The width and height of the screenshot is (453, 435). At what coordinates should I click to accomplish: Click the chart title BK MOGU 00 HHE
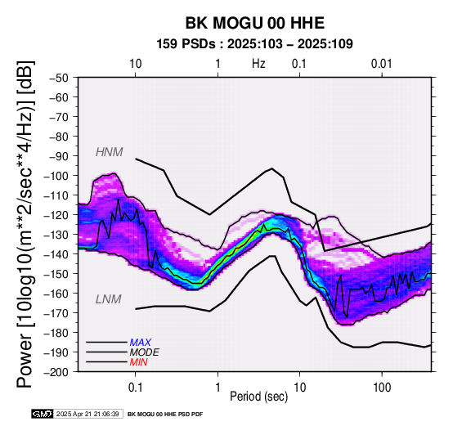tap(255, 23)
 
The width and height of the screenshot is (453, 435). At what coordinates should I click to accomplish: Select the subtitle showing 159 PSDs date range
tap(254, 44)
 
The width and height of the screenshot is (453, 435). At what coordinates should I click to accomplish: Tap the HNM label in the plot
tap(110, 152)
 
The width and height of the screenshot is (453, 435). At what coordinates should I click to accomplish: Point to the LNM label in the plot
tap(108, 299)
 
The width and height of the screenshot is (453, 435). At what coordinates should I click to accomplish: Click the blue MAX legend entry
tap(141, 343)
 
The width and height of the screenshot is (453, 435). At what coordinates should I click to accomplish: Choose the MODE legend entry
tap(144, 352)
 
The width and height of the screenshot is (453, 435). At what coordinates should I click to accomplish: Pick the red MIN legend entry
tap(139, 362)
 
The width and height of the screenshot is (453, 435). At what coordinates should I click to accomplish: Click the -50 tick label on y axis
tap(59, 78)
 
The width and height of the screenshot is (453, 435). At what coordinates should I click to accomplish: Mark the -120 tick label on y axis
tap(56, 215)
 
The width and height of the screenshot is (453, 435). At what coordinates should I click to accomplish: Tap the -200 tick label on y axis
tap(56, 372)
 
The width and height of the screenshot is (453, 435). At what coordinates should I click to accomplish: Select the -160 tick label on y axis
tap(56, 294)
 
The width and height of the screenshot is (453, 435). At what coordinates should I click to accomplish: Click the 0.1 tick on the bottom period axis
tap(135, 388)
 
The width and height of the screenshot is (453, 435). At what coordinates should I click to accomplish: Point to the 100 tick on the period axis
tap(382, 388)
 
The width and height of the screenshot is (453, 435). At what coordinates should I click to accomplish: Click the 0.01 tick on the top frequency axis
tap(381, 64)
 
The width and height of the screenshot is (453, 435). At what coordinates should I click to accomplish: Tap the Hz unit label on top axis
tap(258, 64)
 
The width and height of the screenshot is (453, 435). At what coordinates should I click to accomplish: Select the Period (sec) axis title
tap(259, 397)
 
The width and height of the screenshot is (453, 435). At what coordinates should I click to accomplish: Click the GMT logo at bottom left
tap(43, 414)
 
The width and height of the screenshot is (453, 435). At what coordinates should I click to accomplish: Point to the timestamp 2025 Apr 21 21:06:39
tap(87, 414)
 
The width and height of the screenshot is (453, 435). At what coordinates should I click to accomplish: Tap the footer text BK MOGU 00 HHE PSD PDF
tap(165, 415)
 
